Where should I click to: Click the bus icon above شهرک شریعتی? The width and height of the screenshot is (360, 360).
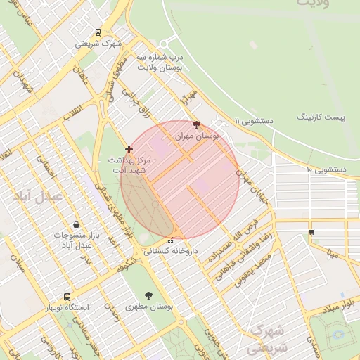click(98, 32)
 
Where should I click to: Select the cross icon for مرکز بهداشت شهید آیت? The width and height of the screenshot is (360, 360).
click(128, 149)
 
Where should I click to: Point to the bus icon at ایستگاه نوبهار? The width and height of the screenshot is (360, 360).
click(67, 297)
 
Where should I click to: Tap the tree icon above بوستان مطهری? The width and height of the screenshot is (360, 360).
click(149, 295)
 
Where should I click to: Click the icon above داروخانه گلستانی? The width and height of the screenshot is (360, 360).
click(170, 240)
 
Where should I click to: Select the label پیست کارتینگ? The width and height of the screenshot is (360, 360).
click(321, 116)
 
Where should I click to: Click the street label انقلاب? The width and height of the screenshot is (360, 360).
click(72, 112)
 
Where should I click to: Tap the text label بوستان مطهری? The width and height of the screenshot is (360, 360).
click(150, 307)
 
